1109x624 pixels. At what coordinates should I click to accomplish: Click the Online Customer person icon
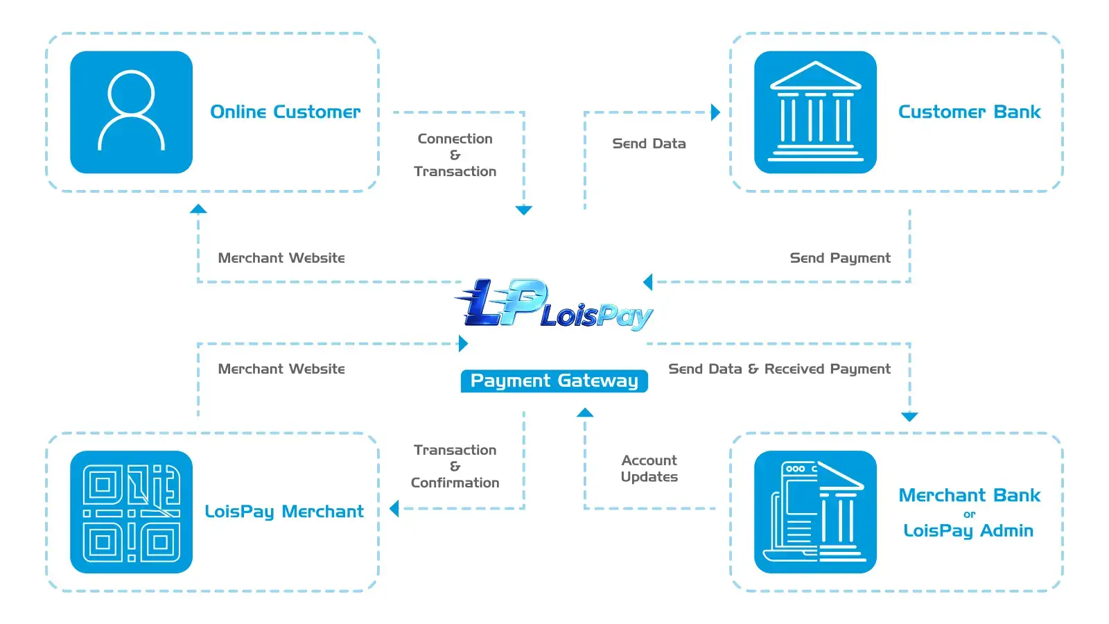pyautogui.click(x=131, y=112)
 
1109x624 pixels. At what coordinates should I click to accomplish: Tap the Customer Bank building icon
pyautogui.click(x=815, y=112)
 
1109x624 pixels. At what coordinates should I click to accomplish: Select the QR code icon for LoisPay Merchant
pyautogui.click(x=131, y=512)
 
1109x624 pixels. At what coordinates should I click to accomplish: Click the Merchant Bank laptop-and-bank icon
pyautogui.click(x=815, y=512)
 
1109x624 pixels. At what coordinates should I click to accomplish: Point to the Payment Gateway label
pyautogui.click(x=554, y=381)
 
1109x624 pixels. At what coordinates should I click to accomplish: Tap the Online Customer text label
pyautogui.click(x=285, y=112)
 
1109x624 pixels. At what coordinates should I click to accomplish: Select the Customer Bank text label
pyautogui.click(x=969, y=112)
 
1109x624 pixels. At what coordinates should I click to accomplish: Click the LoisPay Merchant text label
pyautogui.click(x=283, y=512)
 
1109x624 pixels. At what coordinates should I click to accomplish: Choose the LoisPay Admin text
pyautogui.click(x=968, y=530)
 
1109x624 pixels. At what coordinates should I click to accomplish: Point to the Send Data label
pyautogui.click(x=649, y=144)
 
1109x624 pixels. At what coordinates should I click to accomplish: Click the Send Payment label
pyautogui.click(x=840, y=258)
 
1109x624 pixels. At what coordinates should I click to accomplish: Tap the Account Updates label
pyautogui.click(x=649, y=469)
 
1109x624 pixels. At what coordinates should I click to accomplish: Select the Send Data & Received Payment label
pyautogui.click(x=779, y=369)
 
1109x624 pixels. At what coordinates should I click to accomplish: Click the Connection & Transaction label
pyautogui.click(x=455, y=155)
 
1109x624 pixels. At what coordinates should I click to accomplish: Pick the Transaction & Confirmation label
pyautogui.click(x=455, y=466)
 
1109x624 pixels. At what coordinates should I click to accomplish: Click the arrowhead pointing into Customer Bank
pyautogui.click(x=716, y=112)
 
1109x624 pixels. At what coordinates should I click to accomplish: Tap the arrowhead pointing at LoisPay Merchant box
pyautogui.click(x=394, y=509)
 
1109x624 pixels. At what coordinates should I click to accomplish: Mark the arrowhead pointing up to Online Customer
pyautogui.click(x=198, y=209)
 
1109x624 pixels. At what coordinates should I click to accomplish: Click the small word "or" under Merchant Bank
pyautogui.click(x=969, y=514)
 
